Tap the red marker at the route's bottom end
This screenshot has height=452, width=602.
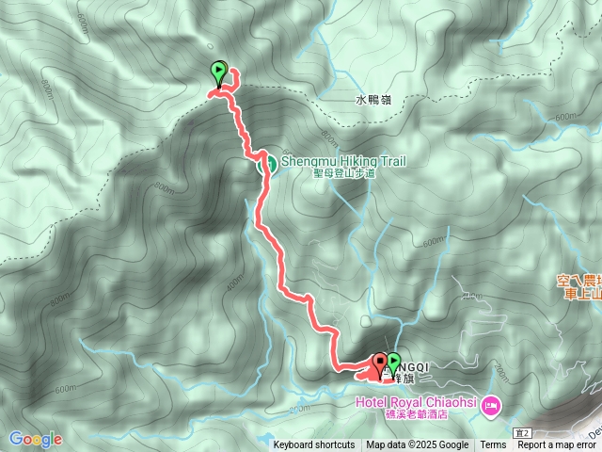click(x=381, y=363)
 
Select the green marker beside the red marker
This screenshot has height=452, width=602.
click(x=393, y=362)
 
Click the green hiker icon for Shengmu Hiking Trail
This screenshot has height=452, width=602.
click(x=267, y=164)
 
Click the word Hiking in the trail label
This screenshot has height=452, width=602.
click(x=358, y=161)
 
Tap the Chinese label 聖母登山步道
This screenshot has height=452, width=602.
click(x=344, y=174)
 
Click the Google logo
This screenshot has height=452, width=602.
click(x=35, y=439)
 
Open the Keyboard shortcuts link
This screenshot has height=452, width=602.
click(x=314, y=445)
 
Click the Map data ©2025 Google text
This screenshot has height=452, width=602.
click(x=418, y=445)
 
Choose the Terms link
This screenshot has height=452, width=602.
click(x=493, y=445)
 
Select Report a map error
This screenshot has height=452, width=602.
click(x=557, y=445)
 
